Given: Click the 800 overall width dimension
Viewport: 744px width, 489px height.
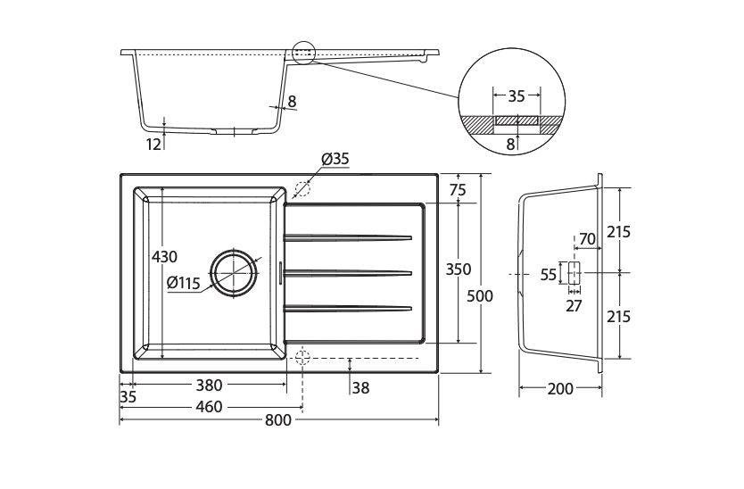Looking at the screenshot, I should (x=278, y=421).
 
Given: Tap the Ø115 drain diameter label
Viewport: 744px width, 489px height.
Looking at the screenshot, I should (x=184, y=283).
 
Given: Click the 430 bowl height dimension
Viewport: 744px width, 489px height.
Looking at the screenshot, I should (x=164, y=256).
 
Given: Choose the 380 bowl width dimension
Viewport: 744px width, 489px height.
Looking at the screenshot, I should (x=209, y=385).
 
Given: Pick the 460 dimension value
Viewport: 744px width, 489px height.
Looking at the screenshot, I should (x=209, y=406).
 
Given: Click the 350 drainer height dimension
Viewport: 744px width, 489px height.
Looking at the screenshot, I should (x=459, y=269).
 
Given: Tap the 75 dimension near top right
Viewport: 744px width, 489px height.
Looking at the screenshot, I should (x=459, y=189).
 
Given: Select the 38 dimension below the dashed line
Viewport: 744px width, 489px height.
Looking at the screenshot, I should (x=360, y=387).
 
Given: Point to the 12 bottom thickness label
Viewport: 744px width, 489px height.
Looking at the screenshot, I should (x=153, y=144).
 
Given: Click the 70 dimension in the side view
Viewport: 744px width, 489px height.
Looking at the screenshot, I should (x=586, y=238).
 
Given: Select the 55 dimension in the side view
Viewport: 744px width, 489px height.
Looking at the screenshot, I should (x=549, y=275).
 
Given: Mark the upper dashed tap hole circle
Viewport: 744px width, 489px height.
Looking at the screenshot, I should (x=302, y=188).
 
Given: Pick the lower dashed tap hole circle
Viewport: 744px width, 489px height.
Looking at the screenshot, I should (x=302, y=358).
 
